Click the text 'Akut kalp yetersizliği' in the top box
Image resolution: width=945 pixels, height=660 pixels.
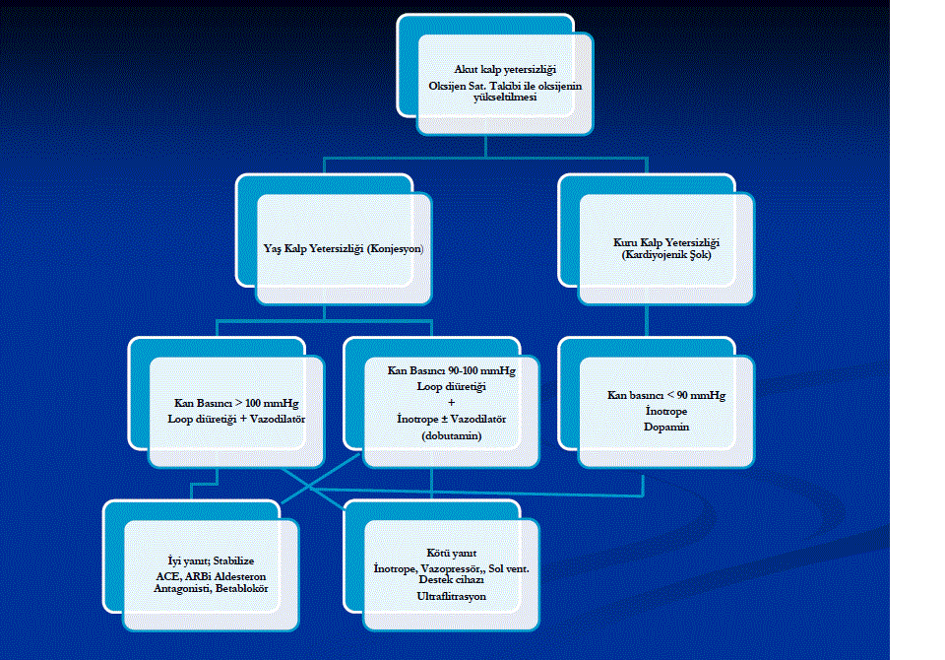pos(504,69)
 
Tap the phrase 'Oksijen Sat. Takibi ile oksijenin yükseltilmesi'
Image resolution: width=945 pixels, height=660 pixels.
pos(505,92)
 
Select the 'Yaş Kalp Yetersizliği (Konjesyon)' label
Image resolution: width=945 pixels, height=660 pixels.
pos(345,249)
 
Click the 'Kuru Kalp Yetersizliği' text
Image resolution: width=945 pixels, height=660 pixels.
pos(666,241)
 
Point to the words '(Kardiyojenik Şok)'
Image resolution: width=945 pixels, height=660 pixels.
pos(666,254)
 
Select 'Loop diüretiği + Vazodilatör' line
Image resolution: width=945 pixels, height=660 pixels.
pos(236,419)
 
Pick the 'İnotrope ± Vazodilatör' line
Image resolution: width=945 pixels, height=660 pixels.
pos(438,419)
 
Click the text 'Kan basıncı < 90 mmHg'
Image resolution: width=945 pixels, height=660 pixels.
pos(665,396)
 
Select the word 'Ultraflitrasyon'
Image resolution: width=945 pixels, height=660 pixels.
pos(452,597)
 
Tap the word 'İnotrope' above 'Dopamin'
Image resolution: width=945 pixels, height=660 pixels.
pos(665,412)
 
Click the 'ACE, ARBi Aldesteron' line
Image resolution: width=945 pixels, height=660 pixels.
pos(211,574)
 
